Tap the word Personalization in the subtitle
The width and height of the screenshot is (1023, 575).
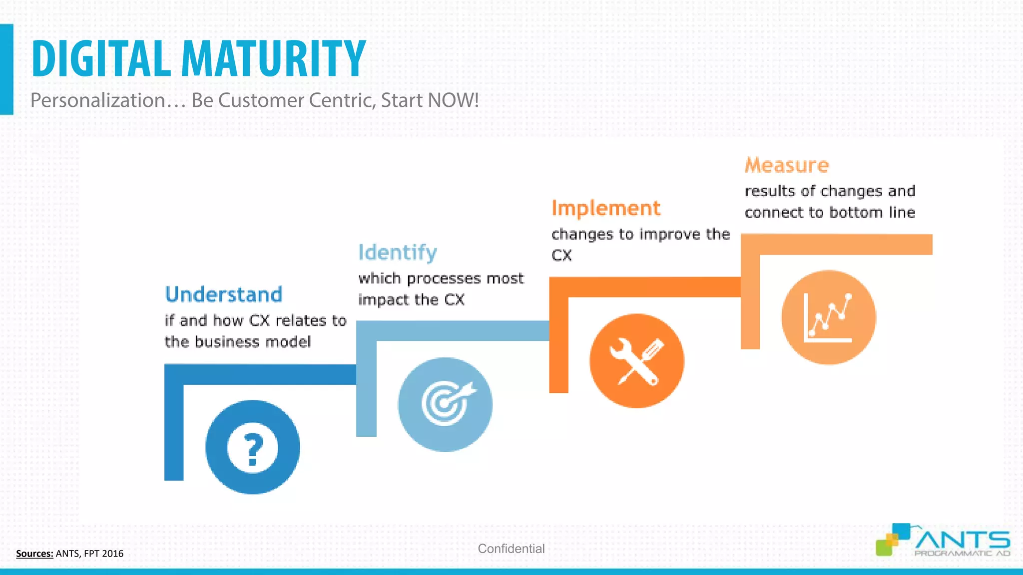tap(98, 100)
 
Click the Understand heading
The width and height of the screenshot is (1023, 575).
tap(224, 294)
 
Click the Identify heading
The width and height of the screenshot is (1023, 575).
tap(398, 253)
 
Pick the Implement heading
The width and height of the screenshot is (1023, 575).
tap(606, 208)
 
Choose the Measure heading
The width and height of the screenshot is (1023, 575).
tap(787, 165)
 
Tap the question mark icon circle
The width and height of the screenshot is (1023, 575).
tap(253, 447)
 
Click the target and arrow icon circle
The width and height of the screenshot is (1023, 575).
tap(445, 404)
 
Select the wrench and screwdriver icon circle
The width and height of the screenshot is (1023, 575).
tap(637, 360)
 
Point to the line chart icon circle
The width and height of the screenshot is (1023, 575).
tap(829, 317)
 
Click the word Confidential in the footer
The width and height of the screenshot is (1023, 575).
tap(511, 549)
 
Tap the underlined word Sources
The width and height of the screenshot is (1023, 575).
tap(34, 554)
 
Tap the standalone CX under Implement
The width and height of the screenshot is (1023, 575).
tap(561, 256)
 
